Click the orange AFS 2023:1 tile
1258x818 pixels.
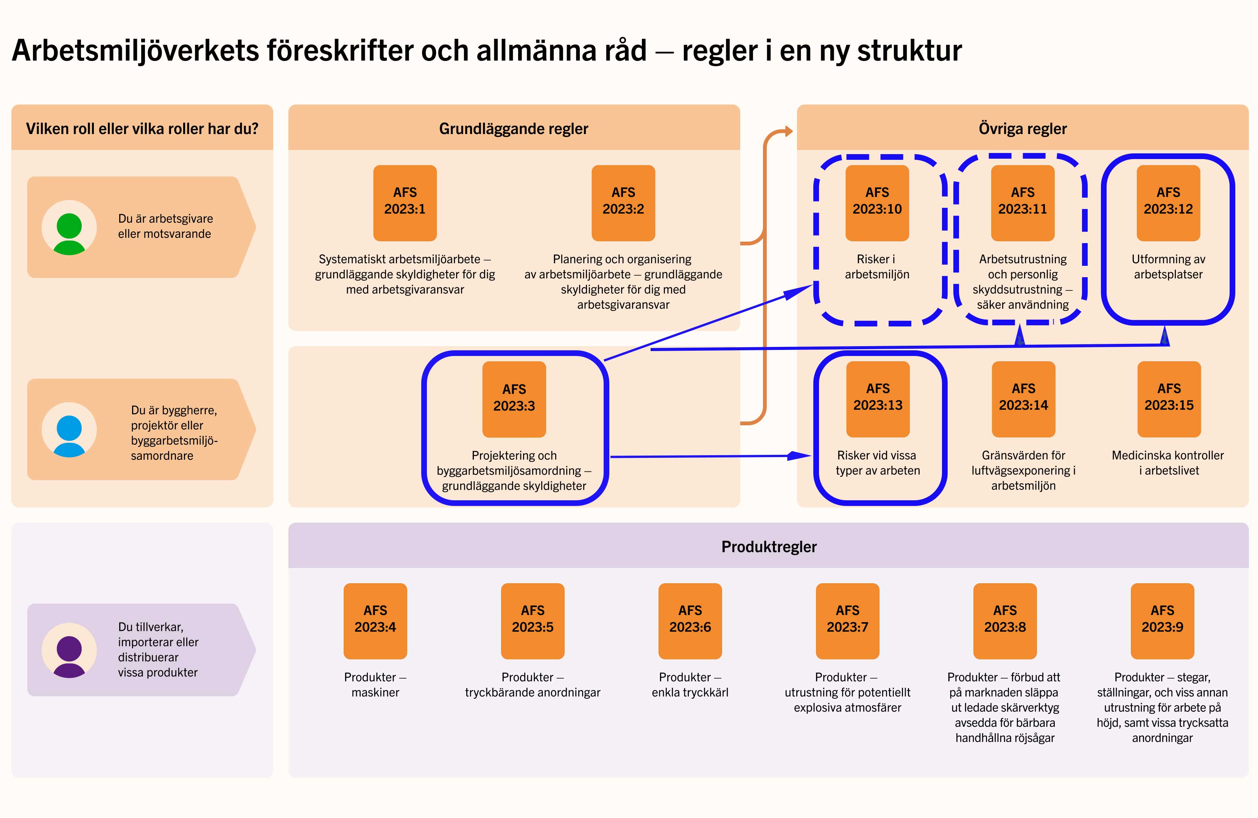point(405,203)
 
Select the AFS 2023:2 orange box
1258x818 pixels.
point(623,203)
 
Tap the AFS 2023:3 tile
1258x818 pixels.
point(514,399)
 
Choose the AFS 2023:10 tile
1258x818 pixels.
point(877,203)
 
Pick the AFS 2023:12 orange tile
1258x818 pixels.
point(1168,203)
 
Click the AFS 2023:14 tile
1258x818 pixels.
point(1023,399)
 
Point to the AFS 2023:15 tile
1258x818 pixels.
point(1169,399)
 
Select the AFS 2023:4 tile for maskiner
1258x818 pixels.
point(375,621)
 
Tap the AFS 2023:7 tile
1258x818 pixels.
point(848,621)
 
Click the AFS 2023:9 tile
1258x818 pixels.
point(1162,621)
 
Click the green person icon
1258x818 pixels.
point(69,233)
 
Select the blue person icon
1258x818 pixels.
point(69,436)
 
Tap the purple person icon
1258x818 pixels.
point(69,656)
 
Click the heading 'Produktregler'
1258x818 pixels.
point(769,547)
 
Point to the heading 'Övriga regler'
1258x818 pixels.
point(1023,128)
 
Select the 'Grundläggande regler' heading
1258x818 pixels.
point(514,128)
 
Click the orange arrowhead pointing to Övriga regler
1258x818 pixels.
point(788,131)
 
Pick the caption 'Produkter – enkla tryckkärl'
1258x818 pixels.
point(690,685)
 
